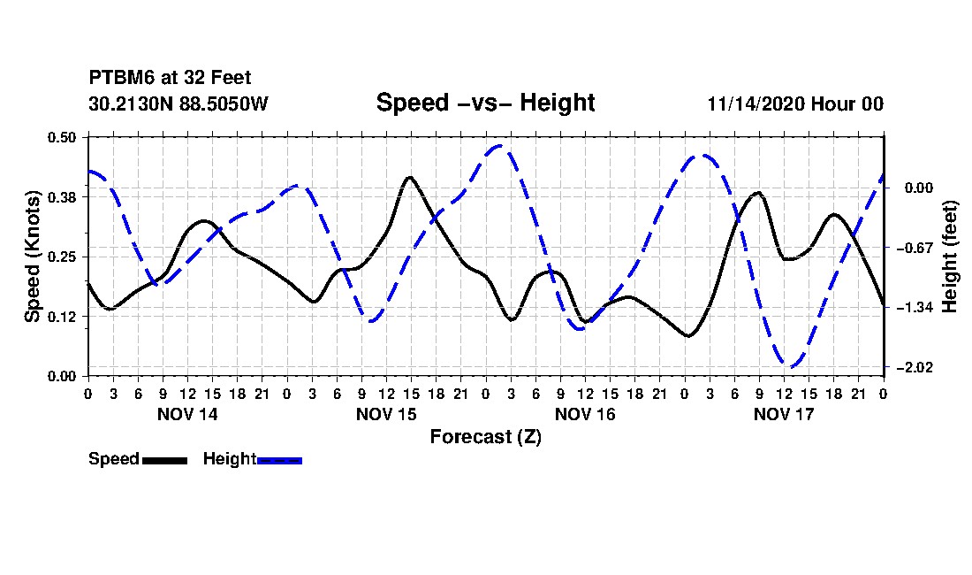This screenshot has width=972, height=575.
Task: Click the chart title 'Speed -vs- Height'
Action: click(x=485, y=103)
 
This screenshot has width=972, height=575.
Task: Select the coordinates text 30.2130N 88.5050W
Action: click(x=178, y=103)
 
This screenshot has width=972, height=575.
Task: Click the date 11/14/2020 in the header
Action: click(x=760, y=103)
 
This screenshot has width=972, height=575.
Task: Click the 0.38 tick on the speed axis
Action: click(x=62, y=196)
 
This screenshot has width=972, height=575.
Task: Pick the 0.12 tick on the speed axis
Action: click(x=62, y=316)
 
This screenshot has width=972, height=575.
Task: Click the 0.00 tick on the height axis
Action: click(x=914, y=188)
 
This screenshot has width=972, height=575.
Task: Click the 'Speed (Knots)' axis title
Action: click(x=32, y=257)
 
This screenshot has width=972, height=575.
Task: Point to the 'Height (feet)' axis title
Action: click(x=950, y=257)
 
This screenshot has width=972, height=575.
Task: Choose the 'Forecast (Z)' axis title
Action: click(x=485, y=436)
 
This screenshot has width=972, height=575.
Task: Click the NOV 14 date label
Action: click(x=187, y=414)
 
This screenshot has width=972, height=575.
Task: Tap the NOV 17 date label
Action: click(x=784, y=414)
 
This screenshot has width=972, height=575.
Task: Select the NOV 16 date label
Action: click(x=585, y=414)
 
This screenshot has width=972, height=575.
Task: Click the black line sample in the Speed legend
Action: click(x=164, y=460)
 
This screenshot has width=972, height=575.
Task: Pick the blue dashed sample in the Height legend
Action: click(x=279, y=460)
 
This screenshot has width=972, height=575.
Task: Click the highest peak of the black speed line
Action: click(x=409, y=177)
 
